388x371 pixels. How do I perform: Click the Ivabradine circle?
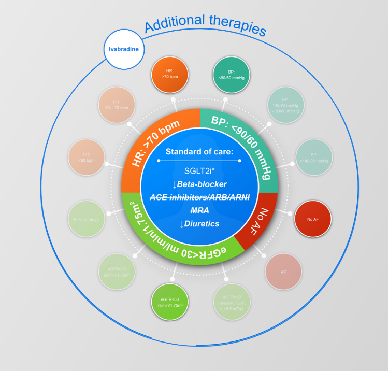124,50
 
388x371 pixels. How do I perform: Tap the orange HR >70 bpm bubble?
169,75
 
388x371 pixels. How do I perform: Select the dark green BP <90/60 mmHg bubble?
232,75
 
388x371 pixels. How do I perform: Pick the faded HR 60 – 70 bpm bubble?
117,105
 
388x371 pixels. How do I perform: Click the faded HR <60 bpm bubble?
87,157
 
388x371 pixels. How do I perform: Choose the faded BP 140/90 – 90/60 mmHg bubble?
285,105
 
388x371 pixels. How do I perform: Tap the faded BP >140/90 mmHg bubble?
313,158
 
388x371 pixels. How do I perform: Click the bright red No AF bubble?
313,219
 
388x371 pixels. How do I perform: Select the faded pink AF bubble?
283,271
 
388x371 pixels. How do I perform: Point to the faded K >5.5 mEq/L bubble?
87,219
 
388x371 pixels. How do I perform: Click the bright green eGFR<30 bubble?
170,302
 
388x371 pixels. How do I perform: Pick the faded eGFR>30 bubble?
117,272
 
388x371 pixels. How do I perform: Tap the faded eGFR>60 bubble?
232,302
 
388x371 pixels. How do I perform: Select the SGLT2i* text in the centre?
199,170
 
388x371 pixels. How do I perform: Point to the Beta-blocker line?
199,184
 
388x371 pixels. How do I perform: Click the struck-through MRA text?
199,210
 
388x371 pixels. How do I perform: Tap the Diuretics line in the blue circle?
199,224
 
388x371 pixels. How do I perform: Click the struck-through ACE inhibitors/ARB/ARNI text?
199,197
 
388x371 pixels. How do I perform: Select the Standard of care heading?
199,152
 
